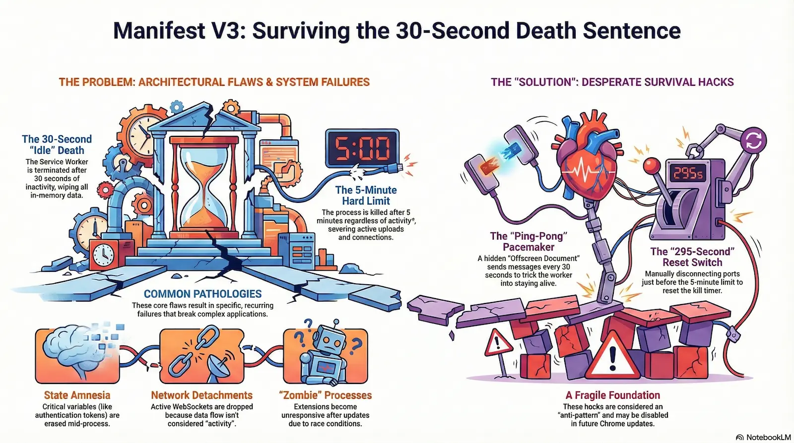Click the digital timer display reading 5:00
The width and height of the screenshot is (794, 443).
tap(362, 148)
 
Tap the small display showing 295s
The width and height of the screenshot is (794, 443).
tap(688, 173)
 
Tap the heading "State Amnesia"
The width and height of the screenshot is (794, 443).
tap(77, 395)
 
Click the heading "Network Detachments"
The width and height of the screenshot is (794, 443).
tap(201, 395)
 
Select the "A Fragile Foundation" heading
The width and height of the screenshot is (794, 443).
tap(612, 395)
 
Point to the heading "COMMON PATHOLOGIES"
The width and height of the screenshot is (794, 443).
tap(202, 294)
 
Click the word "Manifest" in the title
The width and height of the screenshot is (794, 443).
tap(159, 31)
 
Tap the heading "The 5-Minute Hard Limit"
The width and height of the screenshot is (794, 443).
tap(366, 195)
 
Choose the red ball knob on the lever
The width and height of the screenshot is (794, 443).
tap(651, 164)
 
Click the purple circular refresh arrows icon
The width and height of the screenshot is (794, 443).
tap(753, 140)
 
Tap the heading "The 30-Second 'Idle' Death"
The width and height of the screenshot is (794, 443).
tap(57, 144)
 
